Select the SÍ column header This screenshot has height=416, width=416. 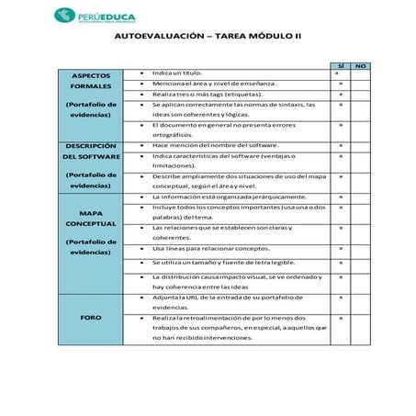point(340,66)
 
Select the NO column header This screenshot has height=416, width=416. point(361,66)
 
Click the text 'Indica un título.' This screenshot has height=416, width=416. point(178,73)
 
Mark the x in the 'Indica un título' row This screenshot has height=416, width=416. point(340,73)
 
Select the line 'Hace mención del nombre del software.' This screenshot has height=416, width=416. point(216,145)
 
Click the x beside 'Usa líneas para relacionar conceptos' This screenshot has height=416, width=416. point(340,248)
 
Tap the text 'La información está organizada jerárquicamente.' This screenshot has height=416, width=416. point(230,197)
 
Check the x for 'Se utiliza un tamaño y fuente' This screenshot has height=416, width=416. point(340,263)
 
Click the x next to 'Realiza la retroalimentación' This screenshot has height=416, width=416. point(340,317)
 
